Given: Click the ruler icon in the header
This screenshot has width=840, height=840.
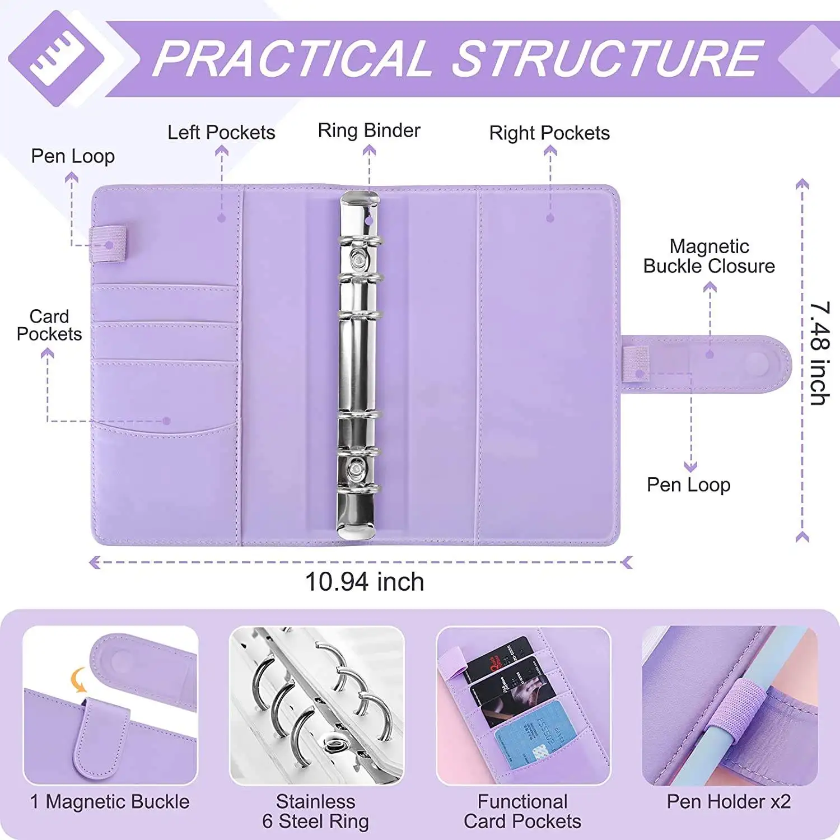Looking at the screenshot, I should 57,58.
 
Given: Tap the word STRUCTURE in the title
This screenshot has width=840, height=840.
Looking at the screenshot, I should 608,59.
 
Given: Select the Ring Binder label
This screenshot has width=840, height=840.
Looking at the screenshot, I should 368,130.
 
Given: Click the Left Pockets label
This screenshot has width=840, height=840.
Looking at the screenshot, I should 221,133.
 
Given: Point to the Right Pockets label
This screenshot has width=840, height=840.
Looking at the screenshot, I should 549,133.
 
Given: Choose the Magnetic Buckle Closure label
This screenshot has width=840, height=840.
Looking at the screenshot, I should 708,256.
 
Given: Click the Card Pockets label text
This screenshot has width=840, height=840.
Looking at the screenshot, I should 49,325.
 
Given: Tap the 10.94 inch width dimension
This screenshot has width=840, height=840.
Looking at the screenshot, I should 364,582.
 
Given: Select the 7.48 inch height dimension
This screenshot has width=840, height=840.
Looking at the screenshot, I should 819,353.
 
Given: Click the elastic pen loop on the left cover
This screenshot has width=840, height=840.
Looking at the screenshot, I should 108,244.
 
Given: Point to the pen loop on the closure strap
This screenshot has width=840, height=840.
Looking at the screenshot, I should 636,364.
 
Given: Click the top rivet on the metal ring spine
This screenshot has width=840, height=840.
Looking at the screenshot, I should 357,258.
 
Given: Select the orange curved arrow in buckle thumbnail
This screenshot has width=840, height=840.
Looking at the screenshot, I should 79,680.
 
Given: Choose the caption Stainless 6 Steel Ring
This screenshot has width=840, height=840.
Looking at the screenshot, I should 315,811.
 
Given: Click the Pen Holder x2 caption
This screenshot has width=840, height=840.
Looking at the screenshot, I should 728,802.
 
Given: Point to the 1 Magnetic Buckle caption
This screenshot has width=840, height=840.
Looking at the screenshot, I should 110,802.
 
